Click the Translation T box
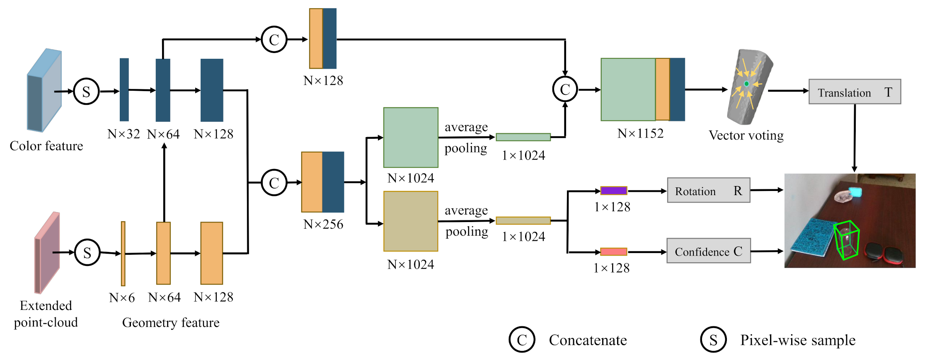(854, 92)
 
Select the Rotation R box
(708, 190)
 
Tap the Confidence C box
(708, 251)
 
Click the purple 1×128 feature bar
(613, 191)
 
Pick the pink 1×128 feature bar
(613, 251)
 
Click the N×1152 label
(640, 133)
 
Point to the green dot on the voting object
(746, 84)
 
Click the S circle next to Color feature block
(86, 92)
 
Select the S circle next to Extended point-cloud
(87, 252)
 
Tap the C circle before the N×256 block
(274, 183)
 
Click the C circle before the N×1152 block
(565, 89)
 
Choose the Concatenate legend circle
(522, 340)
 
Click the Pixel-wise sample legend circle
(713, 340)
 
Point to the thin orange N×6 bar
(123, 254)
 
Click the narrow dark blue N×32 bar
(124, 89)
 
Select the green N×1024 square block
(411, 138)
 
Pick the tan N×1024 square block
(411, 221)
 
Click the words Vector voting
(746, 135)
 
